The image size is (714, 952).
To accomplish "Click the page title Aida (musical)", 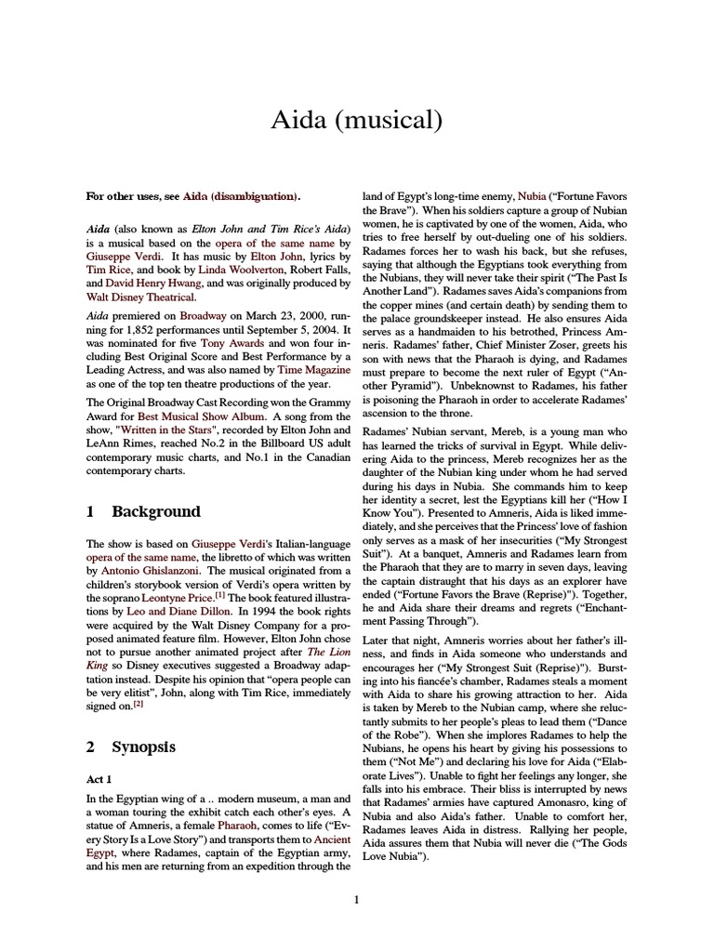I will (x=356, y=120).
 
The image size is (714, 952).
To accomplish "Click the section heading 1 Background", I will (x=142, y=511).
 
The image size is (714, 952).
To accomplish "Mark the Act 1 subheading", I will (x=101, y=779).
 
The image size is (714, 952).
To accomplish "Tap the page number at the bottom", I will (x=356, y=899).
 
